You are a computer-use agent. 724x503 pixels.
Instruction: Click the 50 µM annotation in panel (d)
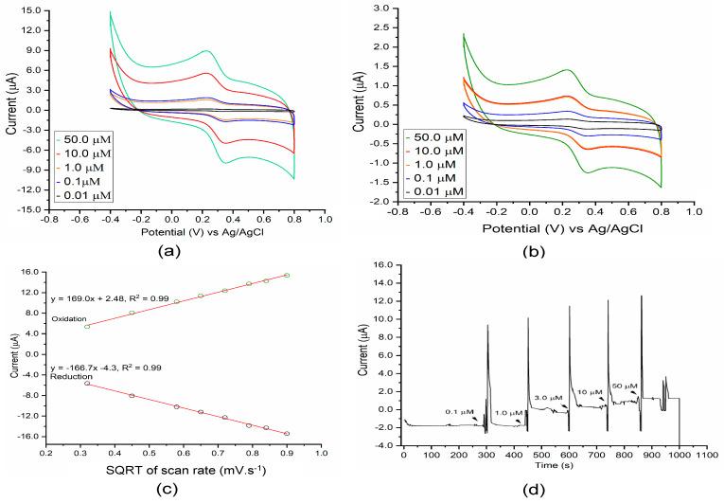click(x=625, y=386)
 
